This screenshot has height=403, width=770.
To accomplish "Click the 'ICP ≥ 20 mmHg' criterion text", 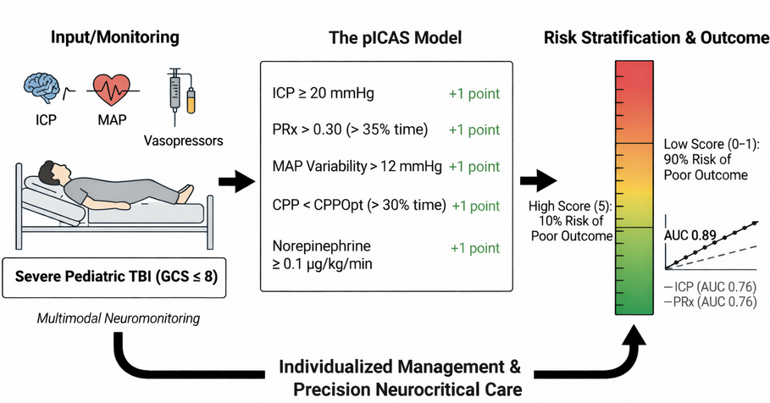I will pyautogui.click(x=323, y=93).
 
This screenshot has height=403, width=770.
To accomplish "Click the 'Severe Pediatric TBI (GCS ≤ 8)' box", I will pyautogui.click(x=116, y=277).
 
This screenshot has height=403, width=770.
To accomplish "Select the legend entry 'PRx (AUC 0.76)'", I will pyautogui.click(x=707, y=301).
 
